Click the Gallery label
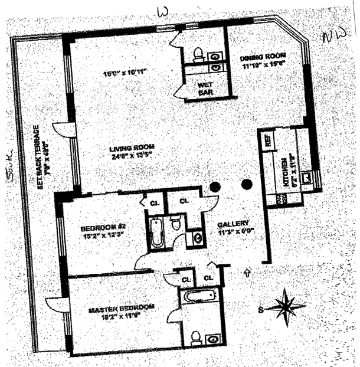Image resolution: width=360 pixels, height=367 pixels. pos(233,224)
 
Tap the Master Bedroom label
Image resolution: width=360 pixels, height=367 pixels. pos(122,308)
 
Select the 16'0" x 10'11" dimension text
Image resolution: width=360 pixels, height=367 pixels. pos(125,73)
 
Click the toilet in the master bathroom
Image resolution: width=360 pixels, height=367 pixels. pos(196,337)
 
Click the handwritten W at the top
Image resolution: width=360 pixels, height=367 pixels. pos(163,12)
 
